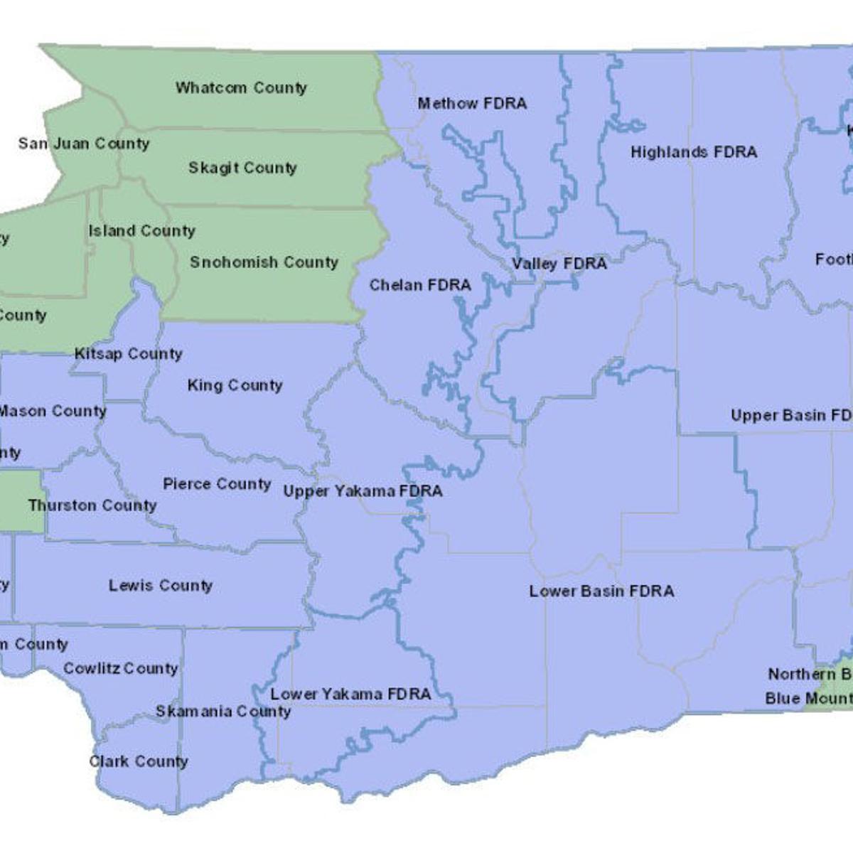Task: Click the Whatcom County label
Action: click(x=241, y=88)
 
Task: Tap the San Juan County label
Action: click(x=84, y=144)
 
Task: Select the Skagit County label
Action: click(x=242, y=168)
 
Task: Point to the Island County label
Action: click(x=141, y=231)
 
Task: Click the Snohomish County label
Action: click(x=264, y=262)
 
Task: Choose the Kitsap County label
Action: click(x=129, y=354)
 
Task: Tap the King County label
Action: click(x=235, y=385)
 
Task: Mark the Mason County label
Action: click(x=53, y=411)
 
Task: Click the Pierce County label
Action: click(x=217, y=484)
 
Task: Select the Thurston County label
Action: click(x=92, y=505)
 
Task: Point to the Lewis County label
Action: click(x=161, y=586)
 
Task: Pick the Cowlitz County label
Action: click(x=120, y=668)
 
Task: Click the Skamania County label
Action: click(x=223, y=711)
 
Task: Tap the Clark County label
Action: click(x=139, y=761)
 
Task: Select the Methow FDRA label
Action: click(x=472, y=104)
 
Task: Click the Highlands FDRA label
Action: click(x=694, y=152)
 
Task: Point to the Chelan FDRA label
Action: click(x=420, y=285)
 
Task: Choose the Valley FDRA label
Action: click(x=559, y=264)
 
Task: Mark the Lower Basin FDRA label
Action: click(x=601, y=591)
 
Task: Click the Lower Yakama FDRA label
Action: click(x=350, y=694)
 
